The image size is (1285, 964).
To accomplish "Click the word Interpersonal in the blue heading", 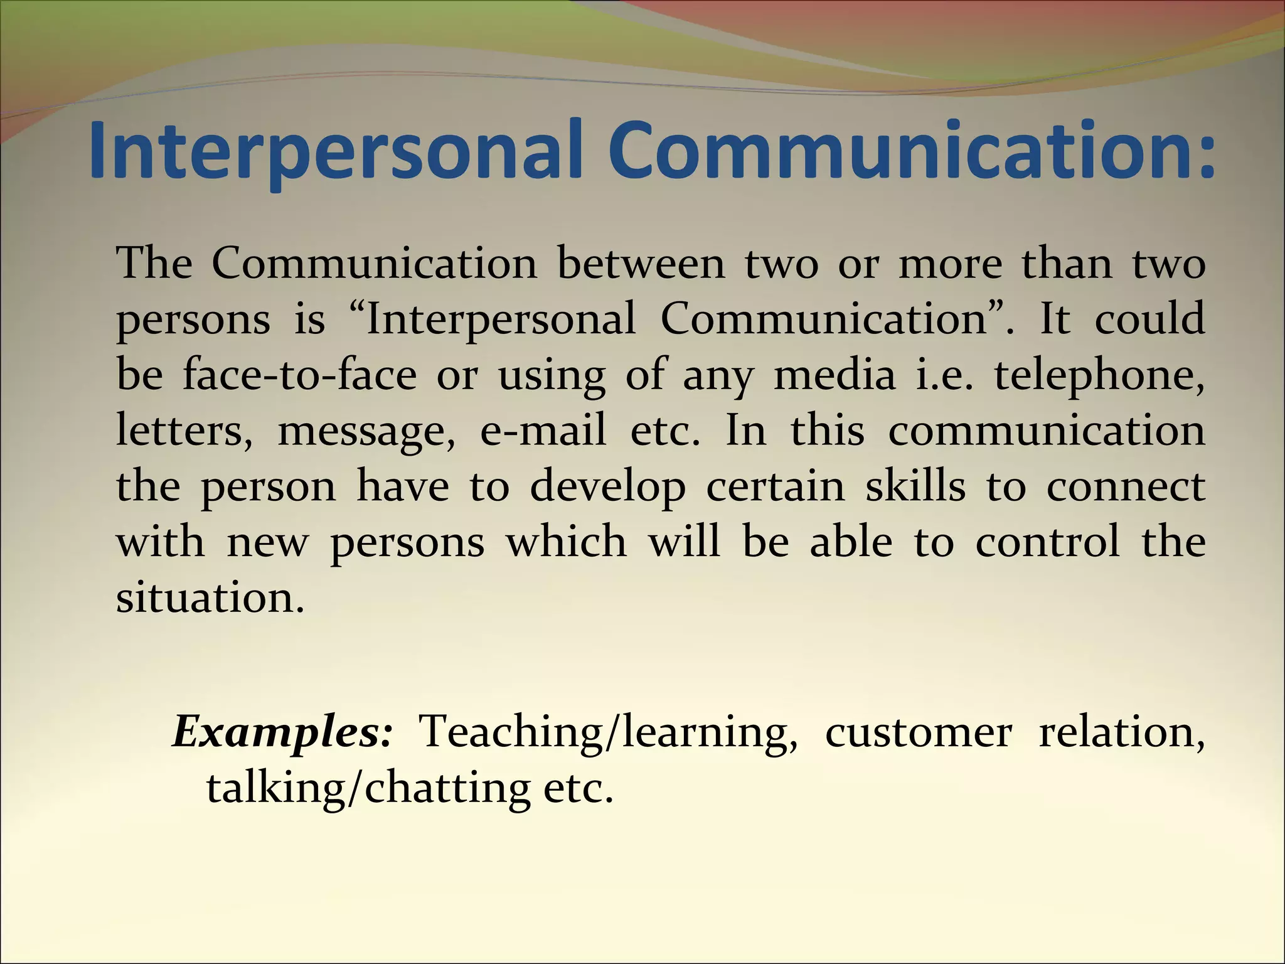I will (x=339, y=151).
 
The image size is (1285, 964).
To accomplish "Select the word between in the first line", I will (x=640, y=264).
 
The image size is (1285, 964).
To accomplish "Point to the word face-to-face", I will (x=300, y=375).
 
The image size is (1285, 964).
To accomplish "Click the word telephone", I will (x=1098, y=376).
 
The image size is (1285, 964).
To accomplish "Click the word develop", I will (x=607, y=488).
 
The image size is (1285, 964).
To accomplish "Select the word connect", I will (x=1126, y=487).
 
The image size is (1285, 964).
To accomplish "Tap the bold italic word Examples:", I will (x=282, y=733).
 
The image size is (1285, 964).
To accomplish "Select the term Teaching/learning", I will (x=609, y=733).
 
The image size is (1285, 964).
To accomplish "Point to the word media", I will (x=834, y=375).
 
